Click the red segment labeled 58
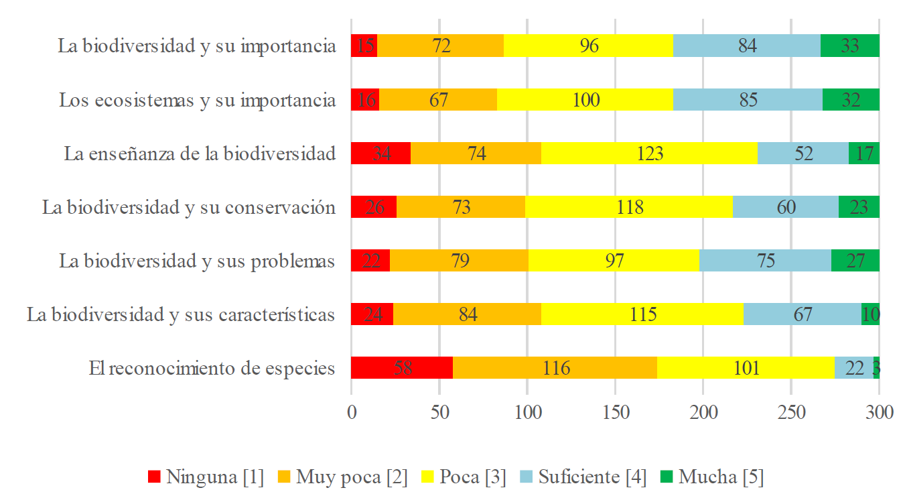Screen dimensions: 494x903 [402, 368]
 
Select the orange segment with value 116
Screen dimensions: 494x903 [555, 368]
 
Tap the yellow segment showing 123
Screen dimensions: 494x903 [649, 153]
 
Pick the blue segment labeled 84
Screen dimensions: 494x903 [746, 46]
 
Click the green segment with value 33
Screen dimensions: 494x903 [849, 46]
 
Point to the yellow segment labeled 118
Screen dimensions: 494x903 [628, 207]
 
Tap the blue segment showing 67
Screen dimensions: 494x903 [802, 314]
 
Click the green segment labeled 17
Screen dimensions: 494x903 [863, 153]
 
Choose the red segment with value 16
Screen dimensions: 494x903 [365, 100]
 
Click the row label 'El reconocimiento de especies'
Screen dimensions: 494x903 [212, 368]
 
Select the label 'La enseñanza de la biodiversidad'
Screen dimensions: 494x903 [200, 153]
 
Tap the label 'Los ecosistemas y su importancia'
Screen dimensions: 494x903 [197, 100]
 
